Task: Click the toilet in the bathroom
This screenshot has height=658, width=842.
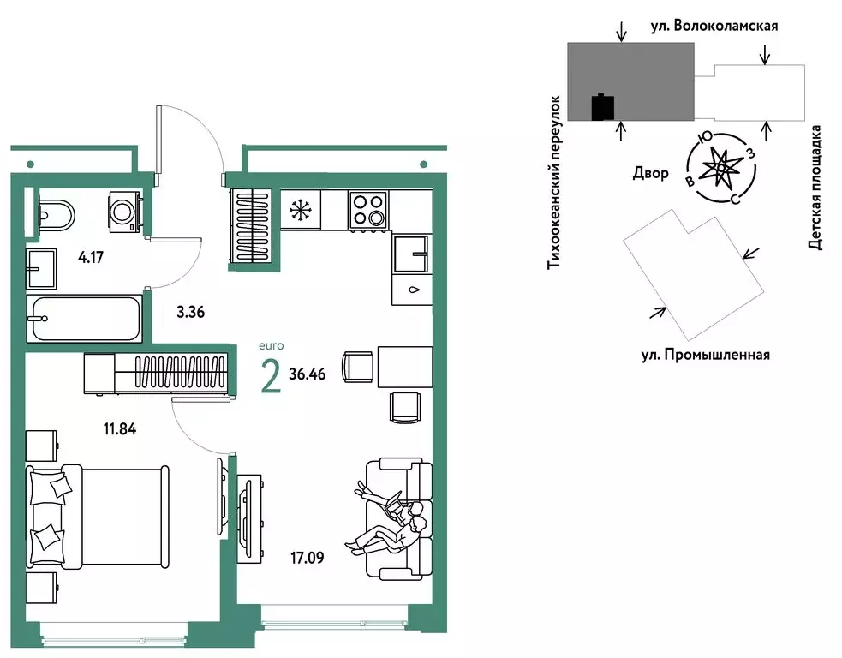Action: [57, 212]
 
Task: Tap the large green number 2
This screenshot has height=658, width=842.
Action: [271, 376]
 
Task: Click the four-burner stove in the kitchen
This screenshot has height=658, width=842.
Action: [367, 210]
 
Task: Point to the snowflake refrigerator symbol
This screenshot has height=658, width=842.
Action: [300, 210]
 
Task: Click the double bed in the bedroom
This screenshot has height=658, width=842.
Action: [98, 515]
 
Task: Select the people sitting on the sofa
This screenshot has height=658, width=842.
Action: [388, 520]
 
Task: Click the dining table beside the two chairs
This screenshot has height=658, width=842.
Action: [402, 367]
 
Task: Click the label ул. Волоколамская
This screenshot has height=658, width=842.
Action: [726, 26]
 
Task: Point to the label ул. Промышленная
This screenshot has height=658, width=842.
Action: [704, 354]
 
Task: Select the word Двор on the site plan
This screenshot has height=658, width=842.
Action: [650, 173]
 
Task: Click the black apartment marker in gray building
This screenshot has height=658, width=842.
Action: [604, 107]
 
